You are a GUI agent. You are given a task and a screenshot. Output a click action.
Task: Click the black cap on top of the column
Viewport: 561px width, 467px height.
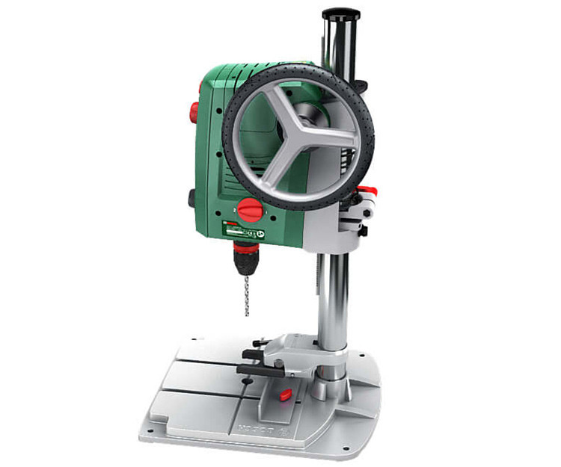coord(340,14)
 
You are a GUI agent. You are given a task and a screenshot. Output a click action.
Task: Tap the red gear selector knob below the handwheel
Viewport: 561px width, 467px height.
coord(251,211)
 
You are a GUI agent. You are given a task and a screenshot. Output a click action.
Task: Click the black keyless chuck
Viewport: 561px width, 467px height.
coord(245,261)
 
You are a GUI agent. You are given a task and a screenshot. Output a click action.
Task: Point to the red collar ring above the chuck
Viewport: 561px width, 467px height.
coord(245,247)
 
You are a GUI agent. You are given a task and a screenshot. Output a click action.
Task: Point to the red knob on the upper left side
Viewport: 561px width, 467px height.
coord(193,112)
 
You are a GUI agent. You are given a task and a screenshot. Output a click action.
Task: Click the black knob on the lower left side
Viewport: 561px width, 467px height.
coord(191,199)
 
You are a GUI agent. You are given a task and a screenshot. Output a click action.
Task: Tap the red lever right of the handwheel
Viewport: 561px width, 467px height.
coord(366,191)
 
